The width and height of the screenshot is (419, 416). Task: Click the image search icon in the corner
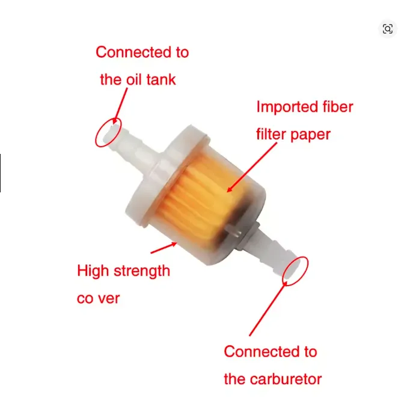pos(388,29)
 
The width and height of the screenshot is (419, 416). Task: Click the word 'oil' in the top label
pos(134,79)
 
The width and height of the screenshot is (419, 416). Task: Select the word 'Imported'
pos(287,107)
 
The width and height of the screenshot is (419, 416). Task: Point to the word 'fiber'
pos(338,106)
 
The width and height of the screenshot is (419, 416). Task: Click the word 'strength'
pos(142,272)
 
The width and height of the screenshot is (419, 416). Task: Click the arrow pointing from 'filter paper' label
pos(252,167)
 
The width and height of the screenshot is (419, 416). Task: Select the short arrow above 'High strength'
pos(164,248)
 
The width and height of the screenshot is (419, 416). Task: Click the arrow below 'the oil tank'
pos(120,106)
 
